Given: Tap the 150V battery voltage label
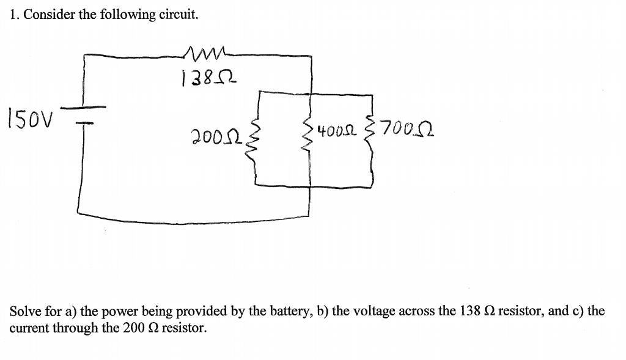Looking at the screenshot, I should tap(31, 116).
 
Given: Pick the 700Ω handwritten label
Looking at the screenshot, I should tap(407, 130).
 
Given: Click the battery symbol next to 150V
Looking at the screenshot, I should tap(84, 116).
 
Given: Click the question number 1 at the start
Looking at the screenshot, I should tap(13, 16).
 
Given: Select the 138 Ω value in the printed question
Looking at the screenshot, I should tap(477, 311).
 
